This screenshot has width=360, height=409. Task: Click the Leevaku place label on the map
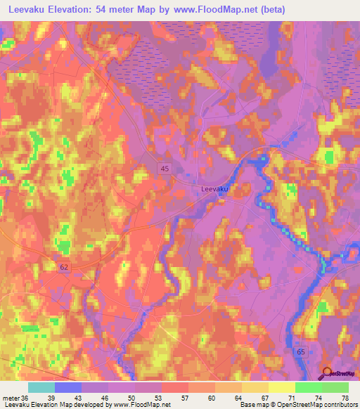coord(215,188)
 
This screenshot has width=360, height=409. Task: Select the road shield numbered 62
coord(63,267)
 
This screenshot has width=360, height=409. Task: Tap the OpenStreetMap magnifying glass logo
coord(328,373)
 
